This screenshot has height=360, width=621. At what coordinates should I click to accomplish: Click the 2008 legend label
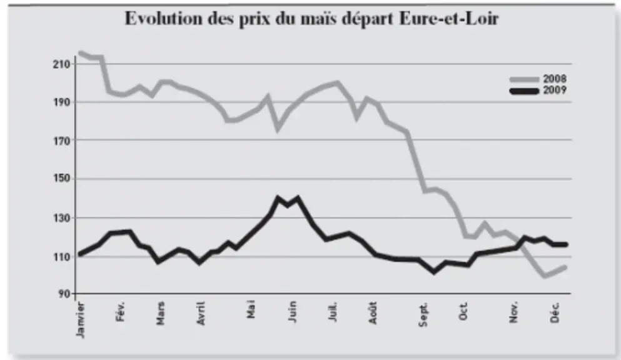coord(555,79)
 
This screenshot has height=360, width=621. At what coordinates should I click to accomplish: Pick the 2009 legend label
coord(555,90)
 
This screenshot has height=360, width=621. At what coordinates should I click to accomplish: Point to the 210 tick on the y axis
coord(61,64)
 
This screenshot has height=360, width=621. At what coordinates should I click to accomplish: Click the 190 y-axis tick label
coord(61,102)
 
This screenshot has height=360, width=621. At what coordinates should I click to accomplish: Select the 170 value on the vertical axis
coord(61,141)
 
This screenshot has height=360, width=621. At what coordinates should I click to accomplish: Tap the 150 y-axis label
coord(61,178)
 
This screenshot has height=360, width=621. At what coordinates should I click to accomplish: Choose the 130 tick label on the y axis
coord(61,218)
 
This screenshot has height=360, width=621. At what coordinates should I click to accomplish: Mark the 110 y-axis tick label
coord(61,257)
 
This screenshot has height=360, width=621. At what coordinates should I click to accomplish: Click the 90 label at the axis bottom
coord(64,294)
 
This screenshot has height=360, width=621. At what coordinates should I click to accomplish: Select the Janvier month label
coord(80,320)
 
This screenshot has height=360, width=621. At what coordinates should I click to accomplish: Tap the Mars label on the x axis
coord(160,314)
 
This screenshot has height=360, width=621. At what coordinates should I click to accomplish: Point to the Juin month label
coord(292,312)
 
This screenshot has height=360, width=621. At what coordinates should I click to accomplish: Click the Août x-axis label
coord(372,313)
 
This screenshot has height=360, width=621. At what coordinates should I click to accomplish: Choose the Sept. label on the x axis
coord(423,314)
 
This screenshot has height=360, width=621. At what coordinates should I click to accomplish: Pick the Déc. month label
coord(555,312)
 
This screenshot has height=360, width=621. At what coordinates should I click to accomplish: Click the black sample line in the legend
coord(525,91)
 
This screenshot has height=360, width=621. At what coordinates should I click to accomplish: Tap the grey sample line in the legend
coord(525,79)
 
